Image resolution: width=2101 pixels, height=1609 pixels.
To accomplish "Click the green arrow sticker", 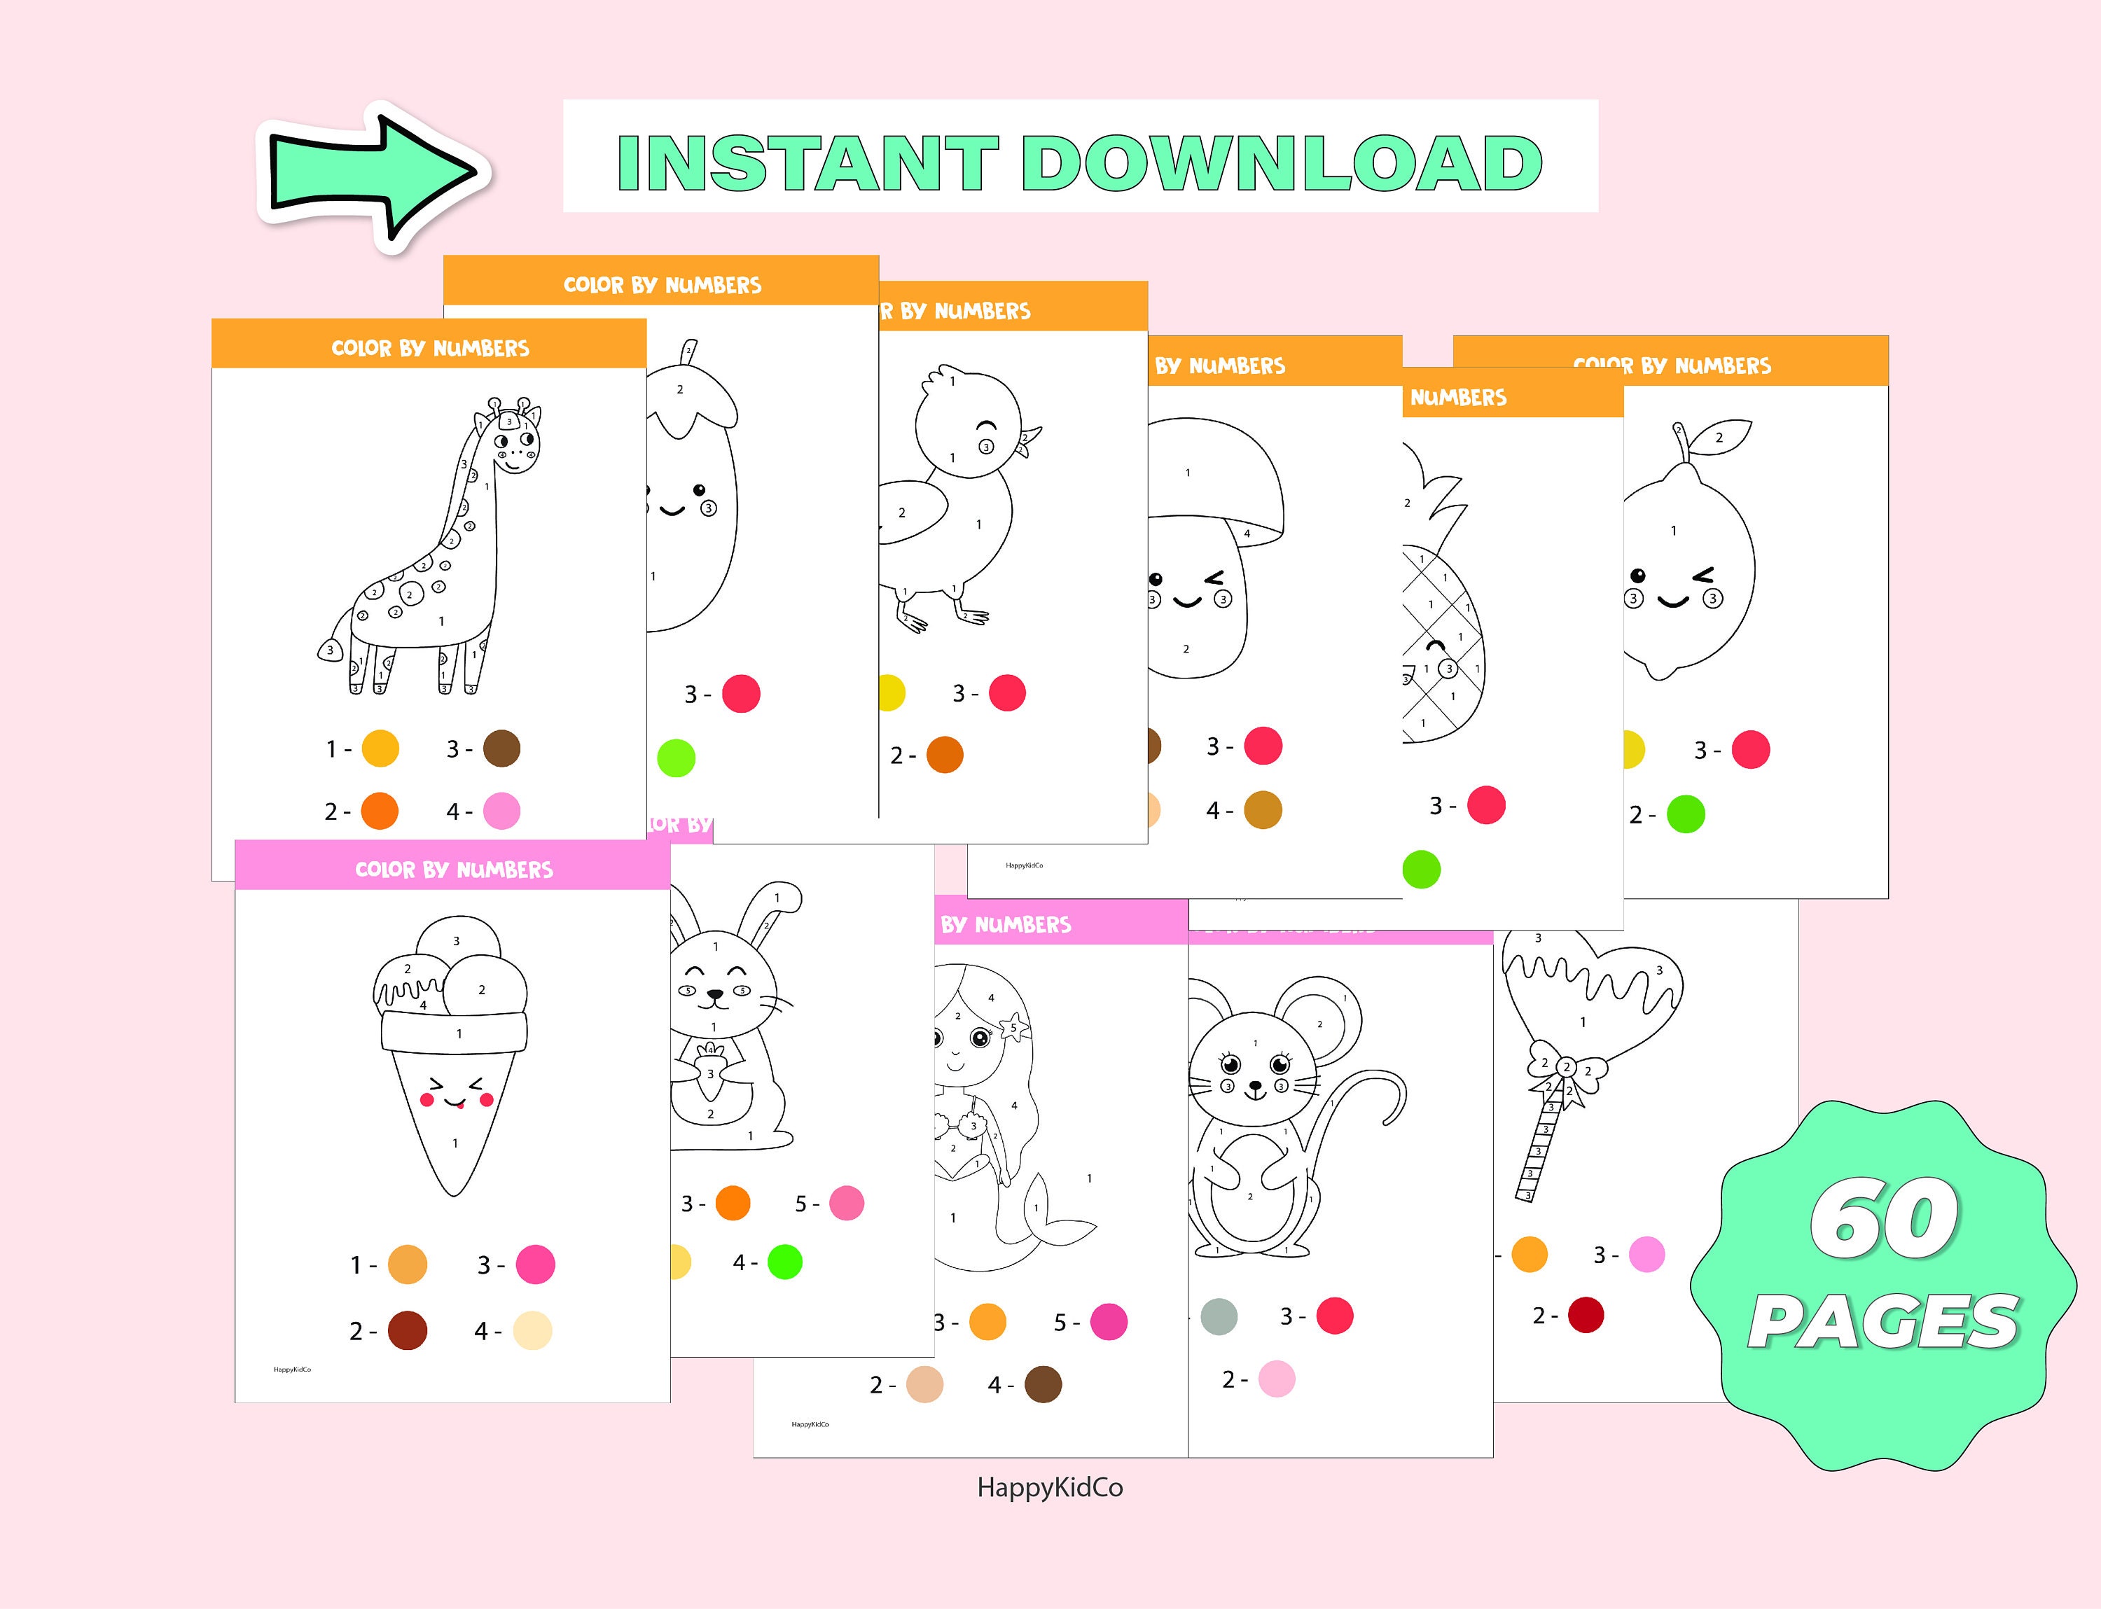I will pos(374,175).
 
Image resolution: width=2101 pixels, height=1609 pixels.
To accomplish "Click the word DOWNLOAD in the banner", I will pos(1281,163).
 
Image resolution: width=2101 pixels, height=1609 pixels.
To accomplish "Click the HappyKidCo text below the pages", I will pos(1050,1487).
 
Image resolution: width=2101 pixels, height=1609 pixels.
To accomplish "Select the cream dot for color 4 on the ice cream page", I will pos(533,1331).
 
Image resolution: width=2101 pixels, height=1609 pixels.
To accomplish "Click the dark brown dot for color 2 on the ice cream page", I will pos(407,1331).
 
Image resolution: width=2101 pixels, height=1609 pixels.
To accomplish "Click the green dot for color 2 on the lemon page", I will pos(1686,815).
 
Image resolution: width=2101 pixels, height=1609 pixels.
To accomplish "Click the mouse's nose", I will pos(1255,1086).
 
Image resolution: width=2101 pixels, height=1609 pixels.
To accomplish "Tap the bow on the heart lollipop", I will pos(1567,1070).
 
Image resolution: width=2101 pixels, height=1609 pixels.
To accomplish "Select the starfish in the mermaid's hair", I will pos(1013,1029).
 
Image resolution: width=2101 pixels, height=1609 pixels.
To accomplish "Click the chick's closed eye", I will pos(986,427).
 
